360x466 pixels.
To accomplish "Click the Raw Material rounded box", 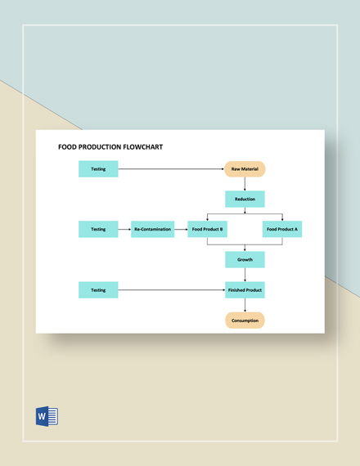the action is [x=245, y=169].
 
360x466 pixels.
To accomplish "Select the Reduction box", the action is [x=245, y=199].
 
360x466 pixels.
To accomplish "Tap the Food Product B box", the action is [x=207, y=229].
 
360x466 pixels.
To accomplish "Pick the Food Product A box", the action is [x=282, y=229].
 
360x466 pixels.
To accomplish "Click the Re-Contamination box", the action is [x=153, y=229].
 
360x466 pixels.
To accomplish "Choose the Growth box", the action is [x=245, y=259].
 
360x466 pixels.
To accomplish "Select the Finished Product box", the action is [x=245, y=290].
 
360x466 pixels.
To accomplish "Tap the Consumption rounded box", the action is [x=245, y=320].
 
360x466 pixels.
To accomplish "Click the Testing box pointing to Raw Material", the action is [x=98, y=168].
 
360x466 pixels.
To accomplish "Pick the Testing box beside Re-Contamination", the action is [x=98, y=229].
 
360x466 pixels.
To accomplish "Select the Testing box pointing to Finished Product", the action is [x=98, y=290].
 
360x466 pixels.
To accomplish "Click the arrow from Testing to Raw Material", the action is [x=171, y=168].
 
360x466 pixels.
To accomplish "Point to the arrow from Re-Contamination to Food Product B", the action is [x=181, y=230].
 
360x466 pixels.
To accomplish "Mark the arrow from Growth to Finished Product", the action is [x=245, y=275].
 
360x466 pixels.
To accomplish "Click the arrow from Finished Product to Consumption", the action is [x=245, y=305].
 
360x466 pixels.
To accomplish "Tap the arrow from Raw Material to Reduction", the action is [x=245, y=184].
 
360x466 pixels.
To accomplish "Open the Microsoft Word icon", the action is [x=47, y=416].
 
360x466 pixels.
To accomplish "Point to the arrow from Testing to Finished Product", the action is [x=172, y=289].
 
